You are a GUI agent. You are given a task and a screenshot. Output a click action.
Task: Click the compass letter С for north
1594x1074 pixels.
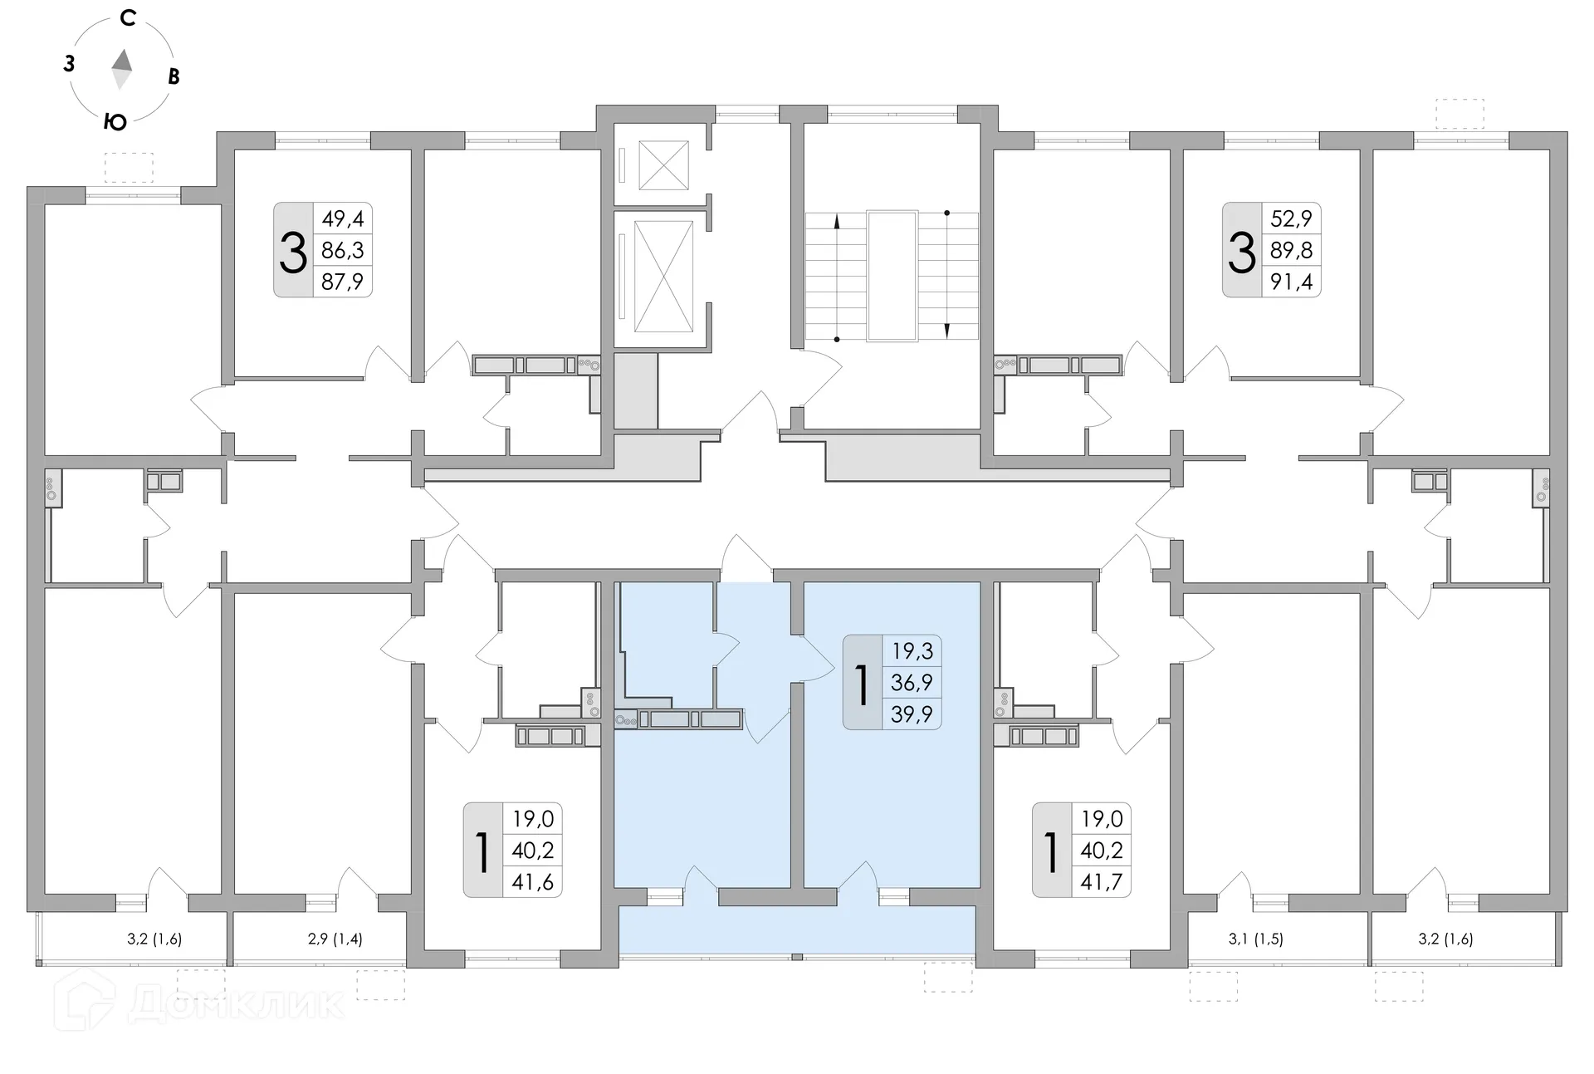click(128, 17)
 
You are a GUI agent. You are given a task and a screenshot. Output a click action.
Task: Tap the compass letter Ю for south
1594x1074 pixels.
click(115, 122)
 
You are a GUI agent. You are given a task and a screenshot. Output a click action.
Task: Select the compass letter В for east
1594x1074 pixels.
click(174, 76)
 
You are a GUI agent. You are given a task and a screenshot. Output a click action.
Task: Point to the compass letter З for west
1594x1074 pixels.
click(70, 63)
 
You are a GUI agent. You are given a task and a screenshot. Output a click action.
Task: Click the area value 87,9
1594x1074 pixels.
click(342, 282)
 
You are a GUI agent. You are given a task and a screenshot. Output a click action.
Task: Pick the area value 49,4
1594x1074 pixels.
click(343, 219)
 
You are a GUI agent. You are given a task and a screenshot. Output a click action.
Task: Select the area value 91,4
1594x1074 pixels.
click(1292, 282)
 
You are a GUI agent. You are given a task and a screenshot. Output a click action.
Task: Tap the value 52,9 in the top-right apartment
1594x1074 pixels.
click(1292, 219)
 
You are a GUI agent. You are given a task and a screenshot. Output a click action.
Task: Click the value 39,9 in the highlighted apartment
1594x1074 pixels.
click(912, 714)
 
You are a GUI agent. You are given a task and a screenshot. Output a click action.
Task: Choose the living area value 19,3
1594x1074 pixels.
click(912, 650)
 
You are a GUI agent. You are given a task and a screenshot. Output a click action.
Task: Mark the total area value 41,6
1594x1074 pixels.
click(532, 882)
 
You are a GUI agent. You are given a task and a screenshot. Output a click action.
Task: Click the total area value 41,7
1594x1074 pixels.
click(1102, 882)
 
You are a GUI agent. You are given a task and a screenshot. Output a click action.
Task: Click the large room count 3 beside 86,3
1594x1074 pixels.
click(293, 252)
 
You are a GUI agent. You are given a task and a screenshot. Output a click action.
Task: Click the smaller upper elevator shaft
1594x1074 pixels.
click(663, 165)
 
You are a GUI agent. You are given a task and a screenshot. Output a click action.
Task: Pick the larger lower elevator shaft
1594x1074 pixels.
click(663, 273)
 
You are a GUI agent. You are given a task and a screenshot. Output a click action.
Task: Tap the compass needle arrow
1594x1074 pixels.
click(123, 69)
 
